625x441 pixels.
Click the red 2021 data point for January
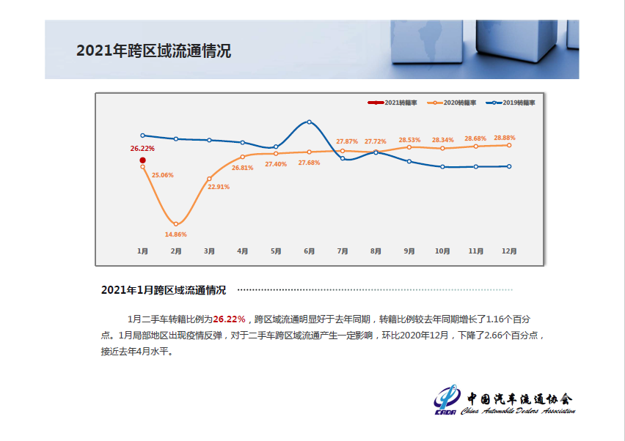(143, 160)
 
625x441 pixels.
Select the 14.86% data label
(176, 234)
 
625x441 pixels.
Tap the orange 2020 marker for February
(176, 224)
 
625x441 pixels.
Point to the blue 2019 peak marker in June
(310, 122)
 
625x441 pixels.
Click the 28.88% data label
(505, 138)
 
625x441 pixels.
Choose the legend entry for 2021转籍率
(392, 103)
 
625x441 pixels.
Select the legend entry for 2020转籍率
(452, 103)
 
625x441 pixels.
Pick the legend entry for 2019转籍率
(511, 103)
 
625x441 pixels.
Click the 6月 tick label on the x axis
(310, 251)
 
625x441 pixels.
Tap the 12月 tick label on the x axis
(509, 251)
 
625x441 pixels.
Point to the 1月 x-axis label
(142, 251)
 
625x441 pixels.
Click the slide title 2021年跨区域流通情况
(154, 51)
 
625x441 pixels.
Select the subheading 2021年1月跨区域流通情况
(164, 290)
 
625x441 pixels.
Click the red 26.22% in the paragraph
(229, 319)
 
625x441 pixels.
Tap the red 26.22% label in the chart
(142, 149)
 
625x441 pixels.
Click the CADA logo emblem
(447, 399)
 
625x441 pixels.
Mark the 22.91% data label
(219, 187)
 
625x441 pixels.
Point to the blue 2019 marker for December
(509, 166)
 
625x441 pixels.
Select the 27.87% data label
(347, 141)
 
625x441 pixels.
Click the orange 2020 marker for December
(509, 145)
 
